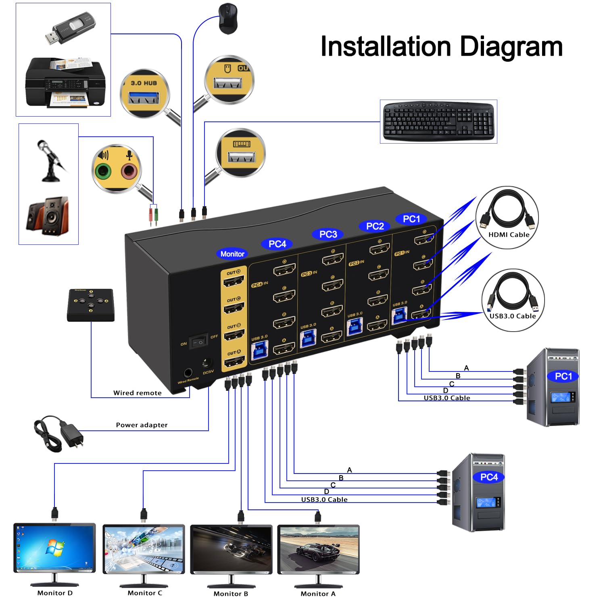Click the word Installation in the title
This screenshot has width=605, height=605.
[385, 46]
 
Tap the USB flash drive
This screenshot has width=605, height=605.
[70, 29]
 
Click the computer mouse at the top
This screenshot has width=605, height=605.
[228, 18]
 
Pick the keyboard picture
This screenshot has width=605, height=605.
[438, 121]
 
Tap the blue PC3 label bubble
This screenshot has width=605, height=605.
[328, 234]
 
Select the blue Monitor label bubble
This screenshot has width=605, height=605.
[232, 254]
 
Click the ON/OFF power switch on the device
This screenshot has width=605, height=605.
[199, 342]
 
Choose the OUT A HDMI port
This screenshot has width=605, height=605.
[234, 361]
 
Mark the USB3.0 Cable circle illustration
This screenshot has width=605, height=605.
[513, 300]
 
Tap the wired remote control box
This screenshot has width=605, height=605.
[91, 305]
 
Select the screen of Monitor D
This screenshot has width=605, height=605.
[54, 547]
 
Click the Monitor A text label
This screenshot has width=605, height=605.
[318, 594]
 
